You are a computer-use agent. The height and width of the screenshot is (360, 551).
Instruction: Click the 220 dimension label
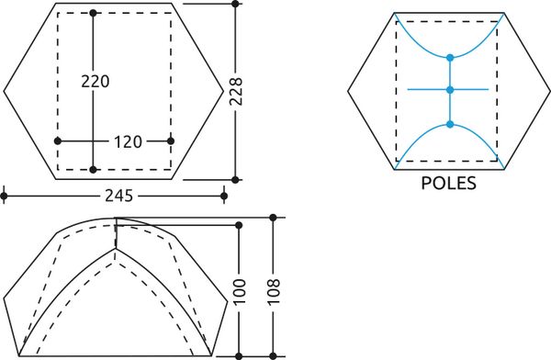[96, 81]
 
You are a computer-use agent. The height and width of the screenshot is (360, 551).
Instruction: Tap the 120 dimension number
[128, 142]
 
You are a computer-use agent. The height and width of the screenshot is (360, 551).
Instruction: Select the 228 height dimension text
[236, 92]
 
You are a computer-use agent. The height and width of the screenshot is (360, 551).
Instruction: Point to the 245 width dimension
[118, 196]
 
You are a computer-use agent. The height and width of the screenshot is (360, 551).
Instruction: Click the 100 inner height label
[239, 291]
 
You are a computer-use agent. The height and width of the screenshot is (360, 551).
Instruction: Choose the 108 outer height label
[274, 291]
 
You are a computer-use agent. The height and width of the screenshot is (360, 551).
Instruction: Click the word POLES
[449, 183]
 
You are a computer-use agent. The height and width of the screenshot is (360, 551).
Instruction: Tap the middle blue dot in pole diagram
[450, 90]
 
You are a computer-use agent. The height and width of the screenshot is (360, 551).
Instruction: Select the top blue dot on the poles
[450, 58]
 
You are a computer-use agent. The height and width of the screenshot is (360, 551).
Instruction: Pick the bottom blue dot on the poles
[450, 124]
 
